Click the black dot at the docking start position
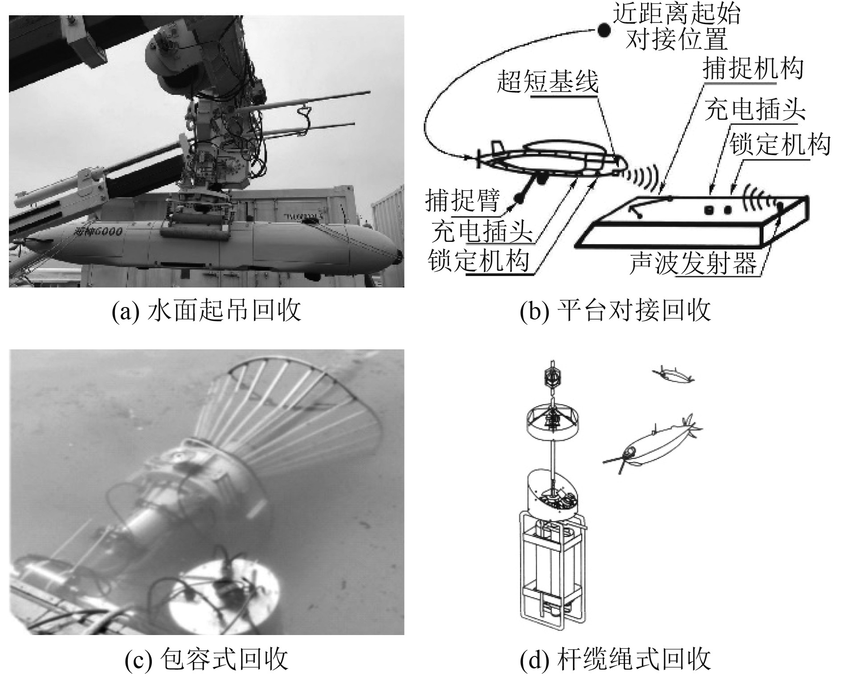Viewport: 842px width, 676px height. [603, 30]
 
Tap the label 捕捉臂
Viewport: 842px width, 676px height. [462, 200]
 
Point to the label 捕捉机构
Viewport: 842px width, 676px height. [753, 68]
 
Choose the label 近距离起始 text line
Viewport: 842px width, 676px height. [676, 13]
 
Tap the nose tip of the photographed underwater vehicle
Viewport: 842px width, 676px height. [400, 255]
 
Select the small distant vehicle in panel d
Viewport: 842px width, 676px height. [673, 375]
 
